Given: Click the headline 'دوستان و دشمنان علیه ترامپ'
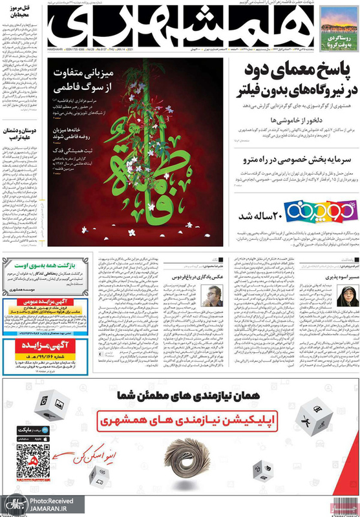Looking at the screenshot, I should tap(20, 133).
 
